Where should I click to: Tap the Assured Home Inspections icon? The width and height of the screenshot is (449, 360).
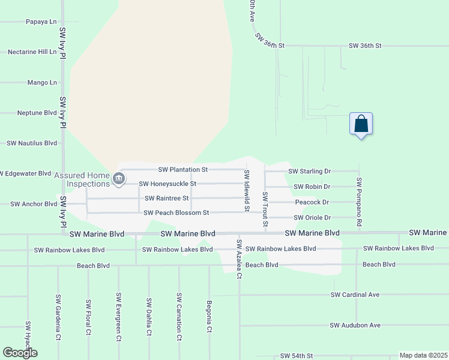click(119, 178)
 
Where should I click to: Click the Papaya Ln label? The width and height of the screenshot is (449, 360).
click(41, 22)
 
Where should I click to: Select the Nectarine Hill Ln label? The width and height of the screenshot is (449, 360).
click(32, 52)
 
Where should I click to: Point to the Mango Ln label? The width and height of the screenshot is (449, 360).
click(42, 82)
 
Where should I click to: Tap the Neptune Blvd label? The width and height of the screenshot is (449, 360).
click(37, 113)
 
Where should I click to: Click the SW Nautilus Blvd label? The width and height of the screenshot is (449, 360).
click(31, 143)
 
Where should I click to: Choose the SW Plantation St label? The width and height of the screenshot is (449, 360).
click(182, 170)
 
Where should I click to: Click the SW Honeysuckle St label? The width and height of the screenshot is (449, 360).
click(167, 184)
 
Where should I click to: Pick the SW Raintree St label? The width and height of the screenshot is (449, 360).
click(166, 198)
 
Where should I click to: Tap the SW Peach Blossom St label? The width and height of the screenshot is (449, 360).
click(176, 212)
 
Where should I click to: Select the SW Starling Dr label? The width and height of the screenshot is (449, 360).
click(309, 171)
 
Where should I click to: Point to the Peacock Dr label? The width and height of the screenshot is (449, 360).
click(312, 202)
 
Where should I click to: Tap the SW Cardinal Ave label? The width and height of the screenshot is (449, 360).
click(355, 295)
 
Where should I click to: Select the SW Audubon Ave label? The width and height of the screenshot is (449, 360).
click(355, 325)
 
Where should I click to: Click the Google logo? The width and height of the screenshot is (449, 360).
click(20, 353)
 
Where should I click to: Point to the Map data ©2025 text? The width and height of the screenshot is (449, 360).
click(423, 355)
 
